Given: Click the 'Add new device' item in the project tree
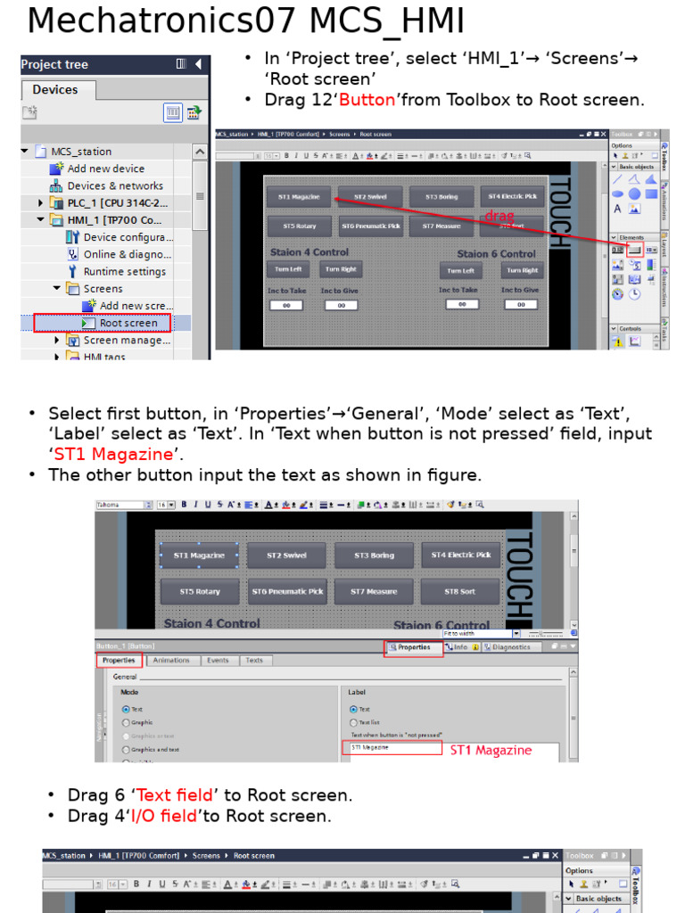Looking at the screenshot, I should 105,169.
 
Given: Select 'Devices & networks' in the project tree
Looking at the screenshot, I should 114,185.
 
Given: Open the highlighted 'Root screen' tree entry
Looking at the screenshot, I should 128,323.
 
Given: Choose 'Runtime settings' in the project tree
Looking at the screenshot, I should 124,271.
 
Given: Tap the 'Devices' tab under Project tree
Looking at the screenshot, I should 55,89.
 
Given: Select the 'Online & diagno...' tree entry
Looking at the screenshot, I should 127,254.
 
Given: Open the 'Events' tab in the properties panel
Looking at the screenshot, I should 218,661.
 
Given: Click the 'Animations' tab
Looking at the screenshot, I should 171,661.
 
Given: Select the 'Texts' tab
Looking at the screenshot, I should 254,661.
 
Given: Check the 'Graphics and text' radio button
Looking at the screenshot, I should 126,750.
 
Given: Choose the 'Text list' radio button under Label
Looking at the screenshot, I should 353,722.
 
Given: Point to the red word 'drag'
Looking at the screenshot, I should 499,216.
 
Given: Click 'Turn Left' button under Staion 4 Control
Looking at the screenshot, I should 287,269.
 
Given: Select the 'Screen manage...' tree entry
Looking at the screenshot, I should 127,340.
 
